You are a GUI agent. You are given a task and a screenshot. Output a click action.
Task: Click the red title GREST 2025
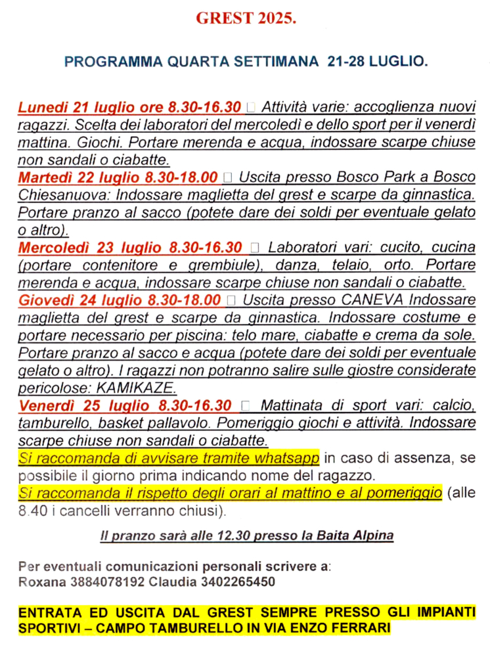pos(246,19)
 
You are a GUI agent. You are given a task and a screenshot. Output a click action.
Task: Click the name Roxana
pos(38,582)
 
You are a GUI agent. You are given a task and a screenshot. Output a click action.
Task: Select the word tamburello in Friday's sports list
pos(49,422)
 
